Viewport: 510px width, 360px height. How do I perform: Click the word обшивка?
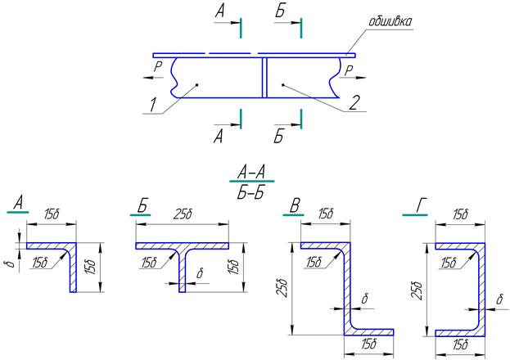[390, 21]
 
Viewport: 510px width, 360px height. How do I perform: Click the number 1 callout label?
[153, 105]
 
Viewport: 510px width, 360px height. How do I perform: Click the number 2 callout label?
[354, 103]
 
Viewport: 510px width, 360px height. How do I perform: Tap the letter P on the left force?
[158, 67]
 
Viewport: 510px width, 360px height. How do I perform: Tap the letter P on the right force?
[349, 70]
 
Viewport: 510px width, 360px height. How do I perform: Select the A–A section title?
[251, 172]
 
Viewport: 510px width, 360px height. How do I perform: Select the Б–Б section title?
[250, 193]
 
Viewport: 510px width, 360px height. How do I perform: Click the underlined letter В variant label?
[295, 205]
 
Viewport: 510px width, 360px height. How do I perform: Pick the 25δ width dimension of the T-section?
[183, 214]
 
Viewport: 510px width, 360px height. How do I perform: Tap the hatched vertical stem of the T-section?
[182, 271]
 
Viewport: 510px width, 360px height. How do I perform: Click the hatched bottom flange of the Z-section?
[369, 332]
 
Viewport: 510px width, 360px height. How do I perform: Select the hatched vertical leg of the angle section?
[73, 271]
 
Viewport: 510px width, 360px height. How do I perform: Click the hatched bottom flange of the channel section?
[460, 333]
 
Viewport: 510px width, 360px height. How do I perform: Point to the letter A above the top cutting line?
[220, 11]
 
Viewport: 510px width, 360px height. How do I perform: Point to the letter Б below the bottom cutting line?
[278, 137]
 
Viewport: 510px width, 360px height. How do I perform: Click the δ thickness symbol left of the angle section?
[11, 263]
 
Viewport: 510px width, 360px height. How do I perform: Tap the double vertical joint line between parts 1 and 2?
[264, 78]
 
